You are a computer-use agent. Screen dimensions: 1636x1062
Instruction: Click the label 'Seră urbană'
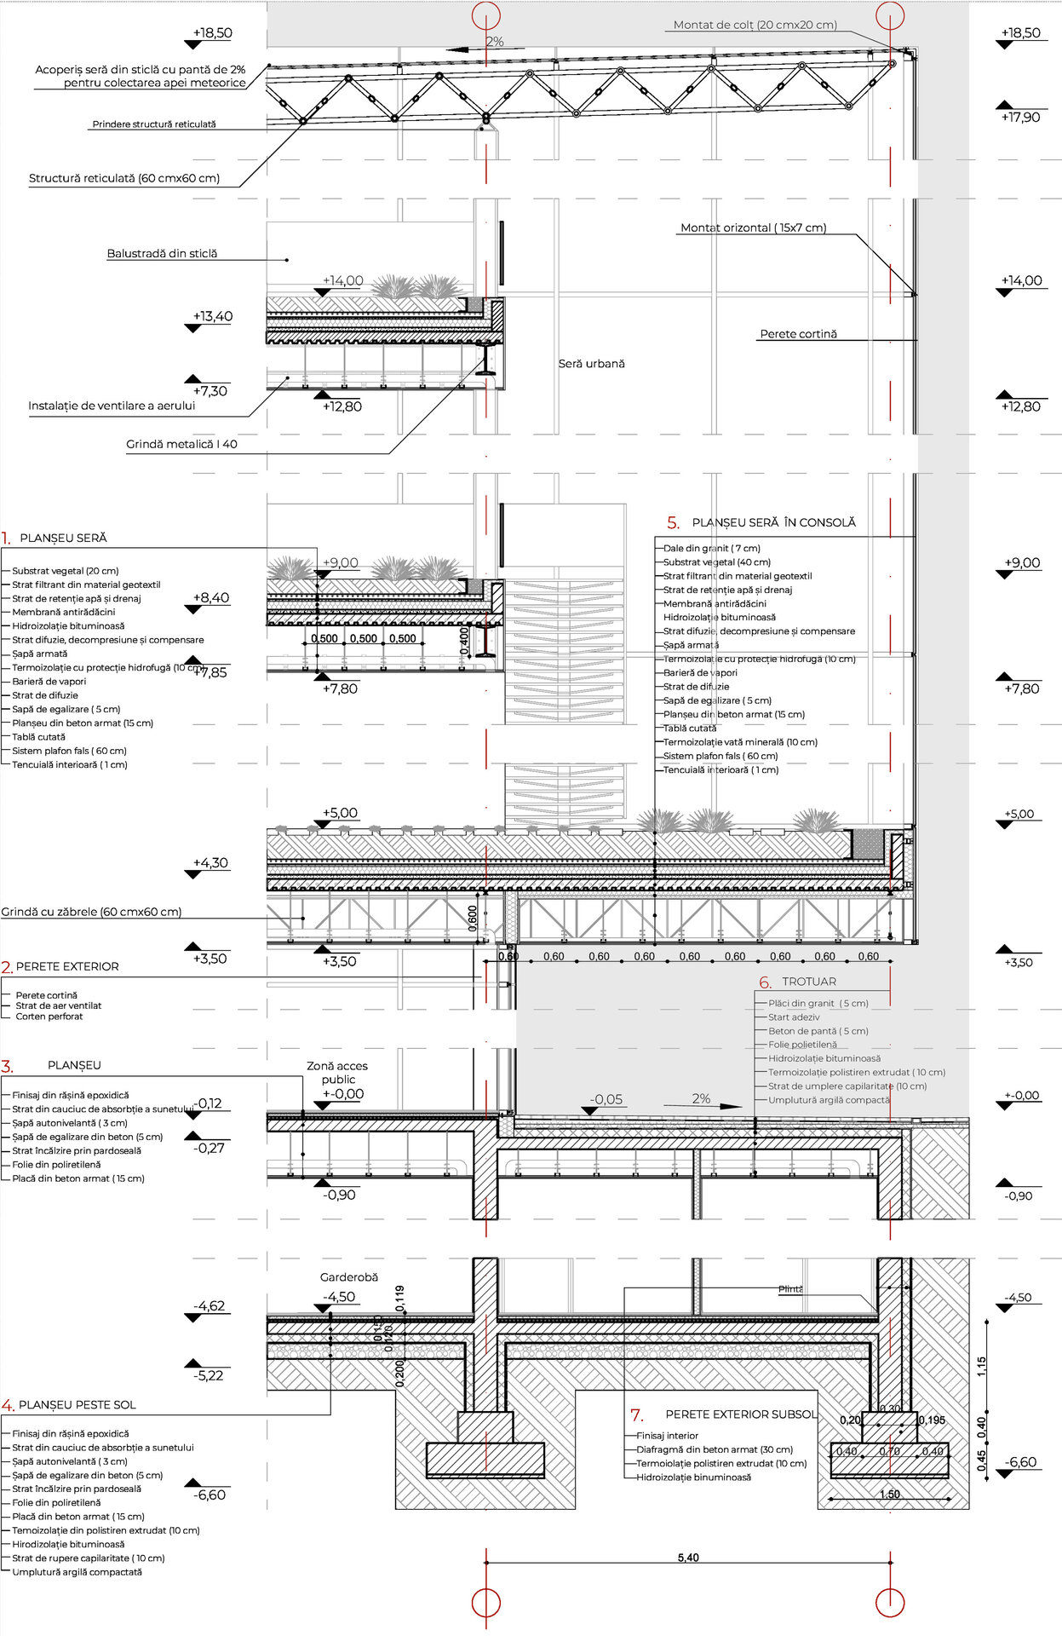click(x=591, y=364)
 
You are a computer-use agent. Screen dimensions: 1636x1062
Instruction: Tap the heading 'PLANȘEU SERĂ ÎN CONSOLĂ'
click(x=773, y=522)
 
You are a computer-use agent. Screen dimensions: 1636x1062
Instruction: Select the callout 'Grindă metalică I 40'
click(x=181, y=444)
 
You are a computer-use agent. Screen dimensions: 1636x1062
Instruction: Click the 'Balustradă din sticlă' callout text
click(x=162, y=253)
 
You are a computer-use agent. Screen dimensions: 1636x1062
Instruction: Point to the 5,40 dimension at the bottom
click(x=688, y=1558)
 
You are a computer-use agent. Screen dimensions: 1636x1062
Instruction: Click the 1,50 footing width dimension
click(x=889, y=1495)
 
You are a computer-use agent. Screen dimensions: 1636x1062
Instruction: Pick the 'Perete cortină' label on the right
click(x=798, y=334)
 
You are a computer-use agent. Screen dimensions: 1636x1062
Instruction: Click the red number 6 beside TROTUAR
click(x=765, y=982)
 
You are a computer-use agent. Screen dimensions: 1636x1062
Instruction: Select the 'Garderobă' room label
click(x=348, y=1276)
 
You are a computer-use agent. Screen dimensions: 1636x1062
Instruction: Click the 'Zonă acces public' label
click(x=337, y=1072)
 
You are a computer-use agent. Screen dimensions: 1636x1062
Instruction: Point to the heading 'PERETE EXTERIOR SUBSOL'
click(x=741, y=1414)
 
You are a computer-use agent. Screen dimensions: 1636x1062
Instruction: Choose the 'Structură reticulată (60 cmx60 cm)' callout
click(x=124, y=178)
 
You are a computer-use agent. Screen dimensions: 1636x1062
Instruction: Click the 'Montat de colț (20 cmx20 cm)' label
click(x=755, y=25)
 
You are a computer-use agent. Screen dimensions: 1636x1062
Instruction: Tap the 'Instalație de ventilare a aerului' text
click(x=112, y=406)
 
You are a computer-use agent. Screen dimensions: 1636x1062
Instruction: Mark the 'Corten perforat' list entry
click(x=49, y=1017)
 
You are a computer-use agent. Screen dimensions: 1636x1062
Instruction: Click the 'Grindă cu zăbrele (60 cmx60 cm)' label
click(x=91, y=912)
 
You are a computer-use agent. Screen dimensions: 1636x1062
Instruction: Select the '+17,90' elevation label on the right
click(x=1020, y=118)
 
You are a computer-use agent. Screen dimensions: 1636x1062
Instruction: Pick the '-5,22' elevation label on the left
click(x=208, y=1375)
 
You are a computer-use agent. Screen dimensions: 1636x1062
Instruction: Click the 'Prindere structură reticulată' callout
click(x=154, y=124)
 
